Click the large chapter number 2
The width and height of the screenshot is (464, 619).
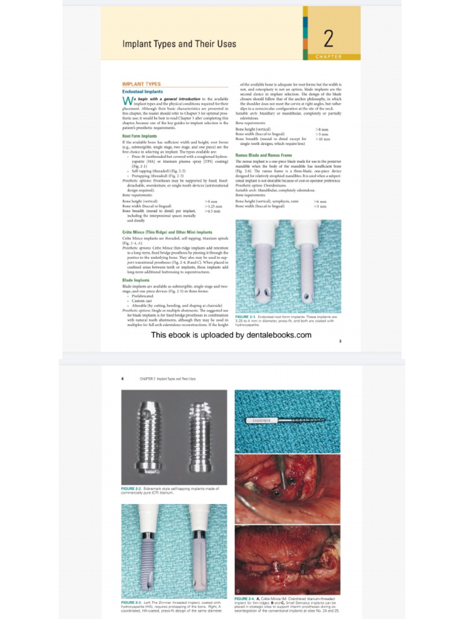point(329,39)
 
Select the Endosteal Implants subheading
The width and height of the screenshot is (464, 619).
point(143,91)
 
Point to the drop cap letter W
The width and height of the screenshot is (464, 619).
point(126,100)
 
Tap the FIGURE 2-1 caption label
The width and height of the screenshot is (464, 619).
point(245,316)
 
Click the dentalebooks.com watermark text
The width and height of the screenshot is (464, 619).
point(231,334)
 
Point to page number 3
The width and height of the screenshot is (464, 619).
point(340,342)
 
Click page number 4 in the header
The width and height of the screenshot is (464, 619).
point(123,378)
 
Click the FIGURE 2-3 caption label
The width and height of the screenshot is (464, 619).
point(132,603)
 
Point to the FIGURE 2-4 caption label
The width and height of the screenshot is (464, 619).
point(246,598)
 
